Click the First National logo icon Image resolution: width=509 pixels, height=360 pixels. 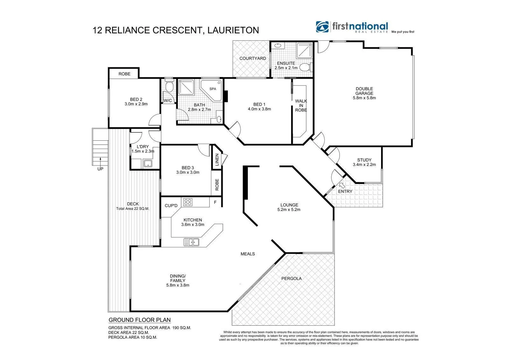(322, 27)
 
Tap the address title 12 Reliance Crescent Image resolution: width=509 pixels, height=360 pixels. (176, 30)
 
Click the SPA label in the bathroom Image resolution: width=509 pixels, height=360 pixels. (213, 89)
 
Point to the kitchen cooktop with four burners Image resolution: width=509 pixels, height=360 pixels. (188, 202)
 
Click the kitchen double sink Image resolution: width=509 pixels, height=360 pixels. (192, 242)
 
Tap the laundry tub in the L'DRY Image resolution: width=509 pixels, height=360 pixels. (147, 164)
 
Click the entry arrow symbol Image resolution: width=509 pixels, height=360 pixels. (342, 185)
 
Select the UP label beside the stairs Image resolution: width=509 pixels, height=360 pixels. (100, 169)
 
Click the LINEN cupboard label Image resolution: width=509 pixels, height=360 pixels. (217, 160)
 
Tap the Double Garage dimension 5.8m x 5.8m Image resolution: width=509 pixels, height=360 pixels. (364, 98)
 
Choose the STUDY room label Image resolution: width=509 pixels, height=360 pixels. (364, 160)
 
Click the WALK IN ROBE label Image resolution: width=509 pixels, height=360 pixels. (301, 105)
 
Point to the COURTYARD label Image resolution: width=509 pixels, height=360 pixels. (253, 58)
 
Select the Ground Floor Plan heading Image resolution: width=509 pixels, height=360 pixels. (140, 320)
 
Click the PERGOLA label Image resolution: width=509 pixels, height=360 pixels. (291, 278)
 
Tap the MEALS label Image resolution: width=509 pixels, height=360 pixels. (248, 254)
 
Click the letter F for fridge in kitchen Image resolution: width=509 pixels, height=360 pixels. (215, 202)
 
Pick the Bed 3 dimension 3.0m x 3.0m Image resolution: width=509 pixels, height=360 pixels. (188, 172)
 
